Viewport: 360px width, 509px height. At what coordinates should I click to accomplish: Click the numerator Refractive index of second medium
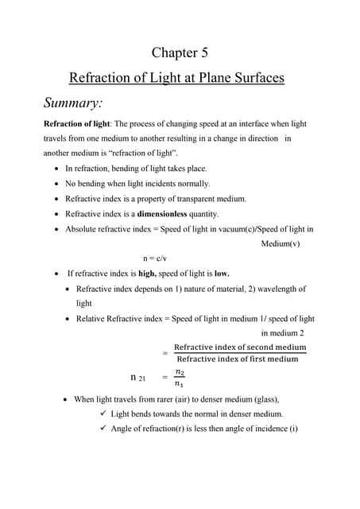click(x=239, y=348)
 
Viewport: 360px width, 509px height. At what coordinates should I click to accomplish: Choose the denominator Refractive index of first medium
click(x=238, y=359)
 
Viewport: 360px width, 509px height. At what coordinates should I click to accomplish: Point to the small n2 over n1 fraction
click(x=180, y=378)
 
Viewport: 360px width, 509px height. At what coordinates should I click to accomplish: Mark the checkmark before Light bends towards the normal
click(x=103, y=414)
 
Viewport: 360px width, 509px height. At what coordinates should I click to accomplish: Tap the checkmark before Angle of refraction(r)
click(x=103, y=429)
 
